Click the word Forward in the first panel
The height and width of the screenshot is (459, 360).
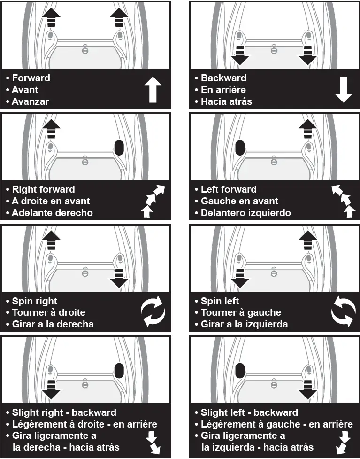tap(31, 78)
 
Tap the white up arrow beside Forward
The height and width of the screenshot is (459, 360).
tap(153, 90)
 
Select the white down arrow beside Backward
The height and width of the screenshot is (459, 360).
tap(343, 90)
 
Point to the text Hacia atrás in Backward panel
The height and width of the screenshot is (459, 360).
tap(226, 101)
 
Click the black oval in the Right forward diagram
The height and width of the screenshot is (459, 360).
tap(119, 148)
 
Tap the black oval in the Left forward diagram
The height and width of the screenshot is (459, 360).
tap(240, 148)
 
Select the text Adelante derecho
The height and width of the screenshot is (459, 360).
tap(52, 213)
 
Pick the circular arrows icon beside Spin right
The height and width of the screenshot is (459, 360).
tap(153, 311)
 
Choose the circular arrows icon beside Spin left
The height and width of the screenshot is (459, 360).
tap(343, 311)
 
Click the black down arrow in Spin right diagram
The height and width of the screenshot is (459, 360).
tap(119, 278)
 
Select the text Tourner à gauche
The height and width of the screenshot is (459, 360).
tap(241, 313)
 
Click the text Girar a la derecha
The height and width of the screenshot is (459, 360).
tap(53, 324)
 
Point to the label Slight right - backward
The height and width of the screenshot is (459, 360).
tap(64, 412)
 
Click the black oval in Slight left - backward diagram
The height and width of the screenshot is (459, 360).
tap(240, 371)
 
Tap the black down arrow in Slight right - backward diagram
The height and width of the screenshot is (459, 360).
tap(51, 388)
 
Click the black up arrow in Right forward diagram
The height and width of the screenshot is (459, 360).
tap(51, 127)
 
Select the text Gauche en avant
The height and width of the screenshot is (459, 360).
tap(239, 201)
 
